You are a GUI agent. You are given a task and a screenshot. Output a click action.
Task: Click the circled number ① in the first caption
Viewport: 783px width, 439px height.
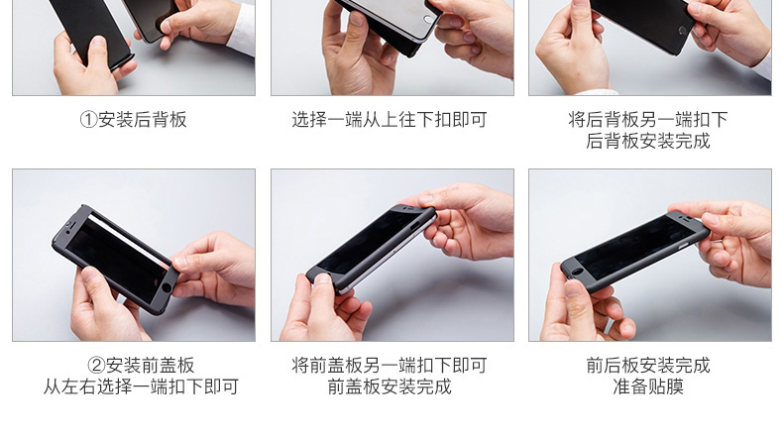[x=88, y=120]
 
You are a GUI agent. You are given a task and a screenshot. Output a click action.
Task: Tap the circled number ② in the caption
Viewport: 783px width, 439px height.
[x=96, y=366]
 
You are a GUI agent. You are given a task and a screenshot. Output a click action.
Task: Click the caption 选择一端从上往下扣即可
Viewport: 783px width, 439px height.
[x=390, y=120]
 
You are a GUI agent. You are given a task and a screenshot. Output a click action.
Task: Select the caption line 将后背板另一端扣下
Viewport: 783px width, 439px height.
[x=647, y=119]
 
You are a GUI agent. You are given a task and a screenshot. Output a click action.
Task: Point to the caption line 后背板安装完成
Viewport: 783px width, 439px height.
[x=647, y=142]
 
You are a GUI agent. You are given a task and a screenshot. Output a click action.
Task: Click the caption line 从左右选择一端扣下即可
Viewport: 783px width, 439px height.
[x=141, y=387]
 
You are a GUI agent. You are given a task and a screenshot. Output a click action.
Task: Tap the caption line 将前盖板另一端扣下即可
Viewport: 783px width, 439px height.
[x=390, y=366]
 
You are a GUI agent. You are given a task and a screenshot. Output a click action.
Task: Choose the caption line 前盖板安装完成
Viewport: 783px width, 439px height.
[x=390, y=387]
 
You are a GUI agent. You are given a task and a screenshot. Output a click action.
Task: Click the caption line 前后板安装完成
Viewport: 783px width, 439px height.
[x=647, y=366]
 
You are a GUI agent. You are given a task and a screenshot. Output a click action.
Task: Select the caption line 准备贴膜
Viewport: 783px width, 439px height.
[x=647, y=387]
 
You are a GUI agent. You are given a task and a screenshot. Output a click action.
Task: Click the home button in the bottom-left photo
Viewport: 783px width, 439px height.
[x=167, y=287]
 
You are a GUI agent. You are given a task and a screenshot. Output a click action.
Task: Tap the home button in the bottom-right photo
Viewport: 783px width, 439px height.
[x=577, y=273]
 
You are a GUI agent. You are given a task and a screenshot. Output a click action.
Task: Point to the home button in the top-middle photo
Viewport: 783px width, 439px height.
[x=428, y=20]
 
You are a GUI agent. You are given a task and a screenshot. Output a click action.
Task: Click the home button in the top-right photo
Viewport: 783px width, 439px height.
[x=683, y=30]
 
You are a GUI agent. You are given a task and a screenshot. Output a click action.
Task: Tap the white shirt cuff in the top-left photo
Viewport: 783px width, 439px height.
[x=242, y=31]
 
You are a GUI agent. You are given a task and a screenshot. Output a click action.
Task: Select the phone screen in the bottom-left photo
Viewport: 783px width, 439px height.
[x=118, y=260]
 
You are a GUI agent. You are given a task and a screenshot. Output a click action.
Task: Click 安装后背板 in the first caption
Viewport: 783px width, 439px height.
[x=143, y=120]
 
